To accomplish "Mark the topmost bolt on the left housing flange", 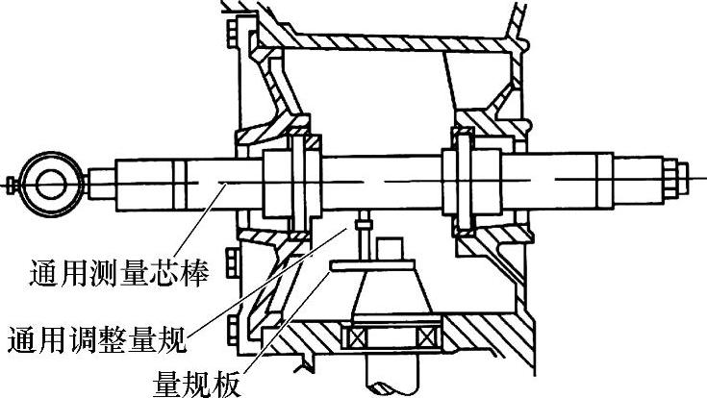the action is coord(235,38).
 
